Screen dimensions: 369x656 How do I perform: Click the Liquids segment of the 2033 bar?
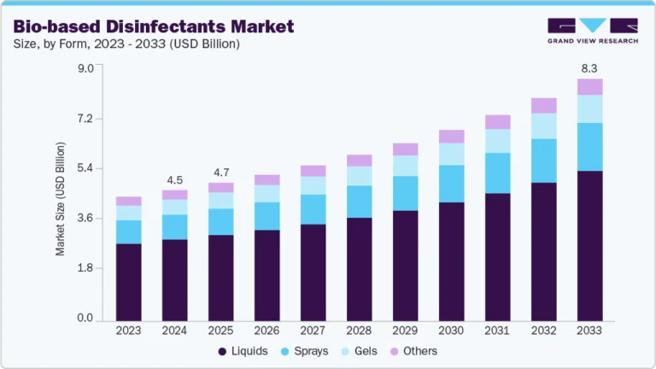(589, 246)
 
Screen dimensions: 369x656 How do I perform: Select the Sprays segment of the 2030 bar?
(451, 184)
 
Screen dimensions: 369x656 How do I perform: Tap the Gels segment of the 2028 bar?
(359, 176)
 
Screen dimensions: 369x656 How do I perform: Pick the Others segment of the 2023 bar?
(128, 202)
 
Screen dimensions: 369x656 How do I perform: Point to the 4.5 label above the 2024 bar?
(174, 180)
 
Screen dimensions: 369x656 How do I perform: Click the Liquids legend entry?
(243, 351)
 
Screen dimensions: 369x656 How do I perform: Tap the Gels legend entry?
(365, 351)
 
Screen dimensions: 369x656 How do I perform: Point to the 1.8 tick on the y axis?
(85, 268)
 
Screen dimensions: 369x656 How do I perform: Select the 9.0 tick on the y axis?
(85, 69)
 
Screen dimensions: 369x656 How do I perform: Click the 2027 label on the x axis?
(313, 331)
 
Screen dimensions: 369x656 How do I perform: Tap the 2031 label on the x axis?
(497, 331)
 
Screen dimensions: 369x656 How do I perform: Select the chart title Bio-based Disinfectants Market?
(154, 26)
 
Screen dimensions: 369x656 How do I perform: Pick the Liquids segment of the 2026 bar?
(266, 275)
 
